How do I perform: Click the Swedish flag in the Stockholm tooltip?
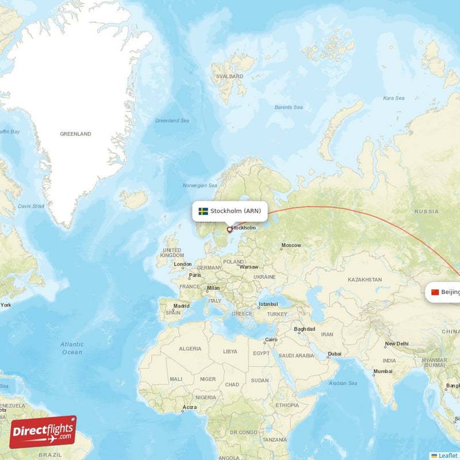click(204, 211)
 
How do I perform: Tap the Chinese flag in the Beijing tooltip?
click(435, 292)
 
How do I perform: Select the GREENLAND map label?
click(75, 134)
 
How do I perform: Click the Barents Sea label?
click(289, 107)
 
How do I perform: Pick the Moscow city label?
click(290, 246)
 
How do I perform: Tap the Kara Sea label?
click(393, 98)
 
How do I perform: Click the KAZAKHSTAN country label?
click(365, 279)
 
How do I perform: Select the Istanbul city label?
click(268, 305)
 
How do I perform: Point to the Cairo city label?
click(271, 340)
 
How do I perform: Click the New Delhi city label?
click(397, 344)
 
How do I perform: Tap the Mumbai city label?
click(382, 371)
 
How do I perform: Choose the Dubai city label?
click(335, 354)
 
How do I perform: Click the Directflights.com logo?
click(43, 432)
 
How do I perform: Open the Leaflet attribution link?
click(447, 455)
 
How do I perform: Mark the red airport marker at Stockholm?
click(229, 229)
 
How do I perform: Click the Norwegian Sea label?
click(200, 186)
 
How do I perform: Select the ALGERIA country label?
click(190, 348)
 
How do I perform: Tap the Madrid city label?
click(181, 306)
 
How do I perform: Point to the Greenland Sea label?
click(172, 121)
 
